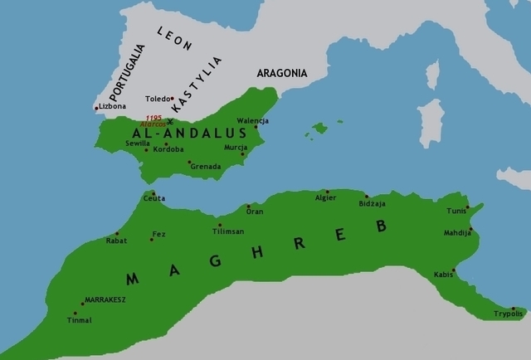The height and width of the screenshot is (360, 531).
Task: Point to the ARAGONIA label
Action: click(281, 73)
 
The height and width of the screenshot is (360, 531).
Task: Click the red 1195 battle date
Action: click(153, 118)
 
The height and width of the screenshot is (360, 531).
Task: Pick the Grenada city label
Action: click(206, 167)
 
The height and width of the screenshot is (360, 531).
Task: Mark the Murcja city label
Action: click(236, 147)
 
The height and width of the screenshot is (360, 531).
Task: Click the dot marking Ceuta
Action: click(153, 193)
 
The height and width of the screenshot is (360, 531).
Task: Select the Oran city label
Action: click(255, 212)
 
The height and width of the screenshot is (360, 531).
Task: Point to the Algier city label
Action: click(326, 197)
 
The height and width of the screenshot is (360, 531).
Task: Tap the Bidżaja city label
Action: click(373, 203)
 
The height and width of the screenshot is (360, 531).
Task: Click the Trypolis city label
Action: click(508, 314)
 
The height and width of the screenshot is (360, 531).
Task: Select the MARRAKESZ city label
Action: click(105, 299)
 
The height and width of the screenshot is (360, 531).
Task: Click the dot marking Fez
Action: click(151, 240)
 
